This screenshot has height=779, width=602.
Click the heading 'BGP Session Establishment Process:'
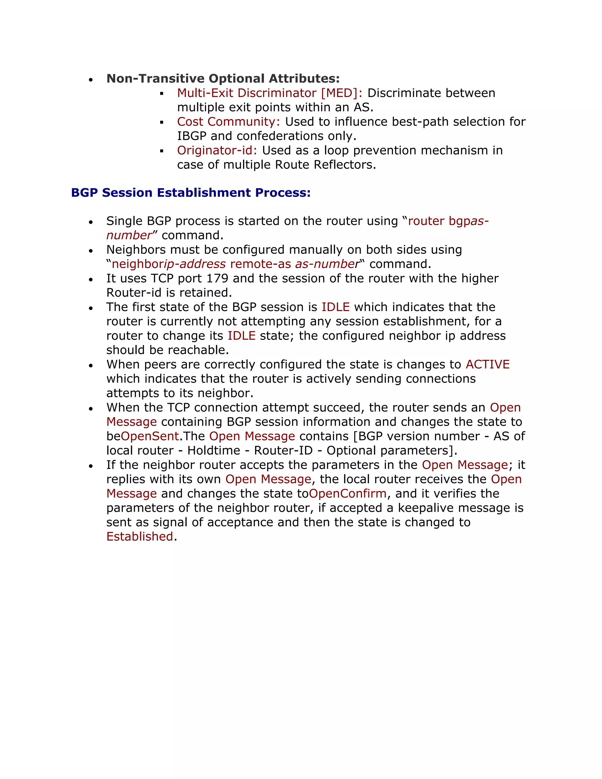click(191, 193)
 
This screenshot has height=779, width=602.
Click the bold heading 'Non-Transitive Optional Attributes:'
click(223, 78)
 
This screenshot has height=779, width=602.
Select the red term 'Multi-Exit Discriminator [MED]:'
click(270, 93)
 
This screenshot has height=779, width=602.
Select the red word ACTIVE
click(488, 364)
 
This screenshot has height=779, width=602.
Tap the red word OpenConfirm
click(348, 494)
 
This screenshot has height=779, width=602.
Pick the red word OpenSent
click(150, 436)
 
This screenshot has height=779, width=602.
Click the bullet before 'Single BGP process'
click(91, 222)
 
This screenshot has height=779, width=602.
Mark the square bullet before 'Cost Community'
click(162, 122)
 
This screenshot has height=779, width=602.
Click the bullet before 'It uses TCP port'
click(91, 279)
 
